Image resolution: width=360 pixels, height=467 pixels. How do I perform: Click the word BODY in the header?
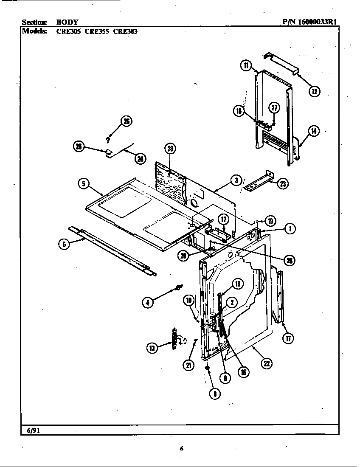coord(67,22)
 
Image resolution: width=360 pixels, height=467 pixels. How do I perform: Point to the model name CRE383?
coord(125,31)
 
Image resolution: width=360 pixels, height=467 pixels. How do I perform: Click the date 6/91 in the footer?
coord(30,430)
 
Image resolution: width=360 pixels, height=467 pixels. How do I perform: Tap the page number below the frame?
coord(181,449)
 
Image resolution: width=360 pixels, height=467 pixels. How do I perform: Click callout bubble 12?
coord(314,91)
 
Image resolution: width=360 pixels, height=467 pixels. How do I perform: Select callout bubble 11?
coord(246,65)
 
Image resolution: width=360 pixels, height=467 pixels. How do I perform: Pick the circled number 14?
coord(313,131)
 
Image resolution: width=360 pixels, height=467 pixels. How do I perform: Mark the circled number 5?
coord(84,183)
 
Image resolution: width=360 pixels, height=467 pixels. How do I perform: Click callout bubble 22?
coord(267,363)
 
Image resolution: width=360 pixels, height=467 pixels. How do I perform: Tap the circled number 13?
coord(152,348)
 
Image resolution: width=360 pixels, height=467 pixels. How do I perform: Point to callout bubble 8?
coord(215,394)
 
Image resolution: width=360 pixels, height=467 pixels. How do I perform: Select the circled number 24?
coord(139,159)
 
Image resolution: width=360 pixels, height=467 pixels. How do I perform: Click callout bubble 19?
coord(270,220)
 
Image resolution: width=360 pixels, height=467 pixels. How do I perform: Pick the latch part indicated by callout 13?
coord(174,340)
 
